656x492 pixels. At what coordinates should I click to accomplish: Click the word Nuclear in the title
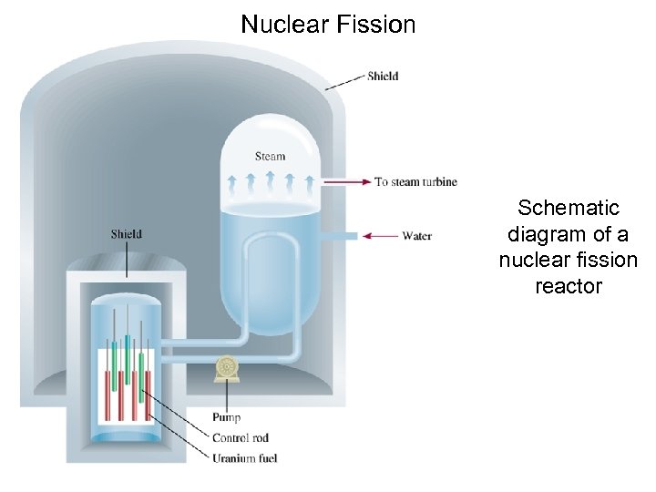(x=282, y=24)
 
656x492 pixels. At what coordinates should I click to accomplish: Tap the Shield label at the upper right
(x=383, y=77)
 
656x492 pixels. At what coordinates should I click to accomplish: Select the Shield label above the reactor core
(x=127, y=234)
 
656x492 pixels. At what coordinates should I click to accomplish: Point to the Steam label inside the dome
(x=270, y=156)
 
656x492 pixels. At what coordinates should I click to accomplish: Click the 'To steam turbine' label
(x=415, y=182)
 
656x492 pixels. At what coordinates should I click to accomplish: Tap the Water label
(x=416, y=236)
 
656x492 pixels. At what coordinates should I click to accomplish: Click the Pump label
(x=226, y=418)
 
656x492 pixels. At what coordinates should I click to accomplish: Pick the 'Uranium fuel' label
(x=243, y=457)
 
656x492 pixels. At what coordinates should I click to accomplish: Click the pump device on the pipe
(x=224, y=368)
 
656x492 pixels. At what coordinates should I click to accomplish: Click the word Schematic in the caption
(x=569, y=208)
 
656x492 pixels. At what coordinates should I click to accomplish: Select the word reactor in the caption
(x=569, y=286)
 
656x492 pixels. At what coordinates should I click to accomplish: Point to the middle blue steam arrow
(x=270, y=177)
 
